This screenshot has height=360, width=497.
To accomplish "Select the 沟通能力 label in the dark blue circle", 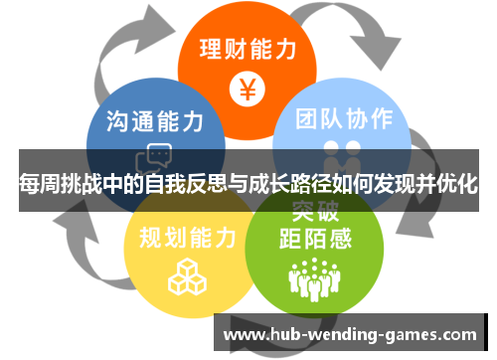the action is pyautogui.click(x=155, y=121).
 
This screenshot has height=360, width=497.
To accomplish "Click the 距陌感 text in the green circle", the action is pyautogui.click(x=315, y=239).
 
